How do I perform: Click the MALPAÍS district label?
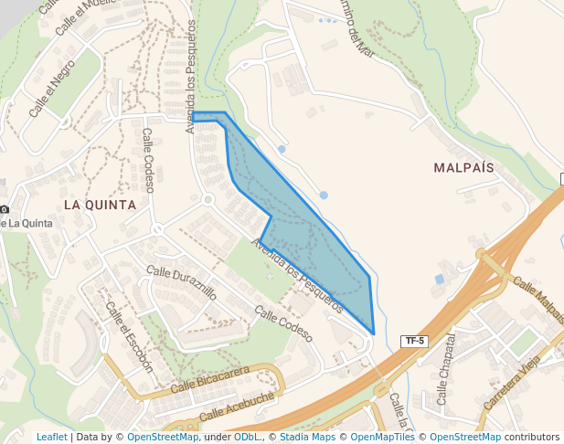[463, 168]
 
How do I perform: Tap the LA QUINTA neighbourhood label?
[99, 205]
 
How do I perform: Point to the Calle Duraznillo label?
[182, 283]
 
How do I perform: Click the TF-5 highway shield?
[414, 341]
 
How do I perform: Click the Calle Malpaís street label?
[538, 299]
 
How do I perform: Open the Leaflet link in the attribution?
[51, 437]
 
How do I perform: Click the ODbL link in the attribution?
[246, 437]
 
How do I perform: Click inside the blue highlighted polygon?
[311, 247]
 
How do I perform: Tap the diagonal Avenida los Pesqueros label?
[296, 274]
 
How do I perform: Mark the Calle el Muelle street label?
[76, 16]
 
